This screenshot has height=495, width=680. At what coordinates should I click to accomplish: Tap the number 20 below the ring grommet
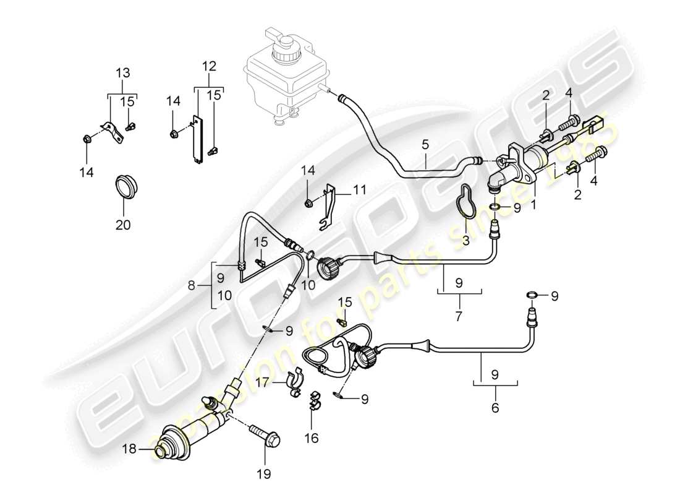[x=123, y=226]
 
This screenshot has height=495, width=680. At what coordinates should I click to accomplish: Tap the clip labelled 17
[x=295, y=382]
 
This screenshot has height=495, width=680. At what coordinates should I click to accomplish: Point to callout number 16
[x=311, y=438]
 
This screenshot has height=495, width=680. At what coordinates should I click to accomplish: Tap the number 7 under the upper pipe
[x=459, y=316]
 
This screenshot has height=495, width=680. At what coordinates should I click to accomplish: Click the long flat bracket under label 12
[x=198, y=140]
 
